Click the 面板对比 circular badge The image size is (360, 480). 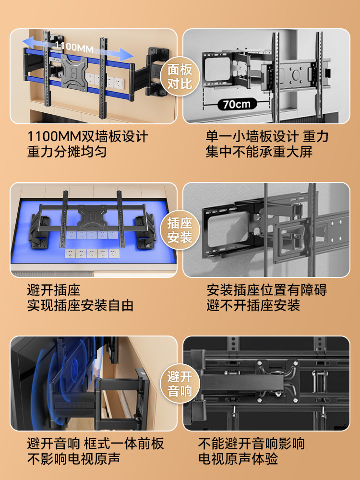tap(180, 76)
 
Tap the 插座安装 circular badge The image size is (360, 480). tap(180, 230)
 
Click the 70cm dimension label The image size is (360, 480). tap(237, 104)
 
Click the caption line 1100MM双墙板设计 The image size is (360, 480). tap(88, 136)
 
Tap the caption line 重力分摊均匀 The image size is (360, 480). tap(67, 152)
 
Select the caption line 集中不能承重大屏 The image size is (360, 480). tap(259, 152)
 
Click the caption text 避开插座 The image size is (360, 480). tap(54, 290)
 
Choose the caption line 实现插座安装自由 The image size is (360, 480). tap(80, 306)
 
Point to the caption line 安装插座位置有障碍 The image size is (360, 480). tap(267, 290)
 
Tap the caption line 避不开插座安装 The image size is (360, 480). tap(253, 306)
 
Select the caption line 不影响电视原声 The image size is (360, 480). tap(73, 459)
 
